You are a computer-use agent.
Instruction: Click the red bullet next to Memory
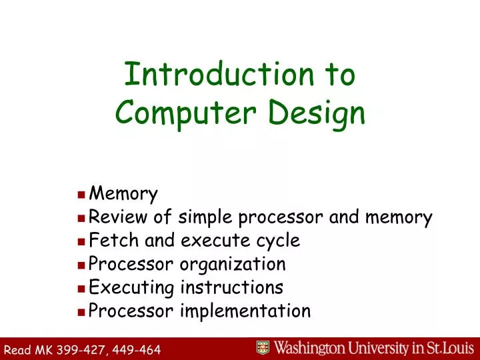[x=81, y=195]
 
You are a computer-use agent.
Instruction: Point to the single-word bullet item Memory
[x=123, y=195]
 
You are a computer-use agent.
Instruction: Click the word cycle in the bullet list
[x=277, y=241]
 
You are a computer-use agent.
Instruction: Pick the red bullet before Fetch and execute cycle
[x=81, y=241]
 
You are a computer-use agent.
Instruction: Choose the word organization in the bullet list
[x=233, y=264]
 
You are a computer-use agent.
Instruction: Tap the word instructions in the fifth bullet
[x=231, y=287]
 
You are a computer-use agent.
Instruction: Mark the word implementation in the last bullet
[x=246, y=311]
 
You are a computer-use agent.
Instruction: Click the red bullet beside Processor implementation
[x=81, y=311]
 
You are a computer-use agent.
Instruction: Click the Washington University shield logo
[x=263, y=347]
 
